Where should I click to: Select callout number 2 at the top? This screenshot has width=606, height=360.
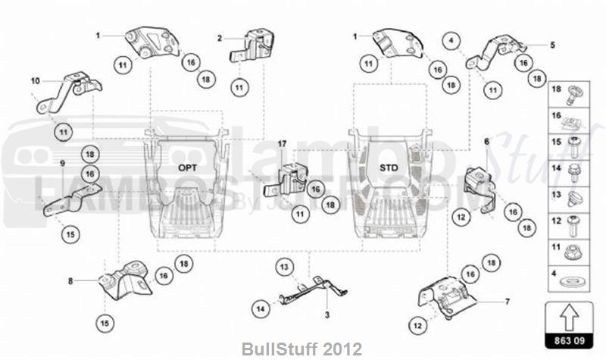point(220,37)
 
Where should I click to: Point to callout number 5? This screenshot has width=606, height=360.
point(552,45)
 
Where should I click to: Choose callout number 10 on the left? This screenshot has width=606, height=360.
point(35,80)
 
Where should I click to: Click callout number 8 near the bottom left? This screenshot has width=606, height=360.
point(70,280)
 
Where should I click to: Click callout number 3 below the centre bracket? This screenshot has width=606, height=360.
point(326,313)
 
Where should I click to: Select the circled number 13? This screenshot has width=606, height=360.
point(283,267)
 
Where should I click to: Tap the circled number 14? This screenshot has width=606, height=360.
point(261,308)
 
